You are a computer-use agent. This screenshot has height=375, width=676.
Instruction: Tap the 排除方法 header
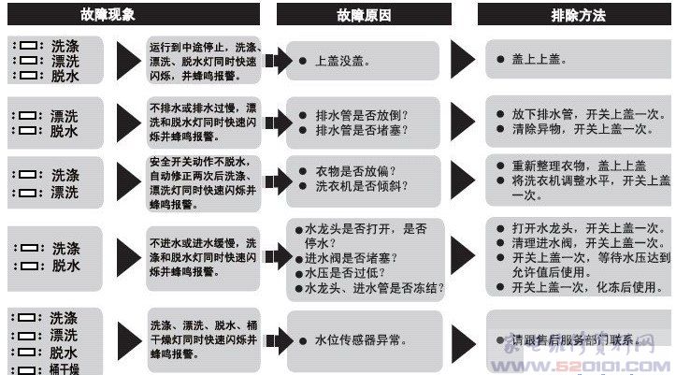[x=579, y=14]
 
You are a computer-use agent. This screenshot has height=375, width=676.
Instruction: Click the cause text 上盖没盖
[x=341, y=61]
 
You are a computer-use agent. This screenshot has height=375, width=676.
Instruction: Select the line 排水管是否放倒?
[x=361, y=115]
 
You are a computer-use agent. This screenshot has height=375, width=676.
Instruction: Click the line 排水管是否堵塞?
[x=361, y=131]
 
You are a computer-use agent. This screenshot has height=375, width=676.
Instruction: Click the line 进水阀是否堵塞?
[x=352, y=257]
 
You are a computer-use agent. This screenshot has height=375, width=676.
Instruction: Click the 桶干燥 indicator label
[x=65, y=368]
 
